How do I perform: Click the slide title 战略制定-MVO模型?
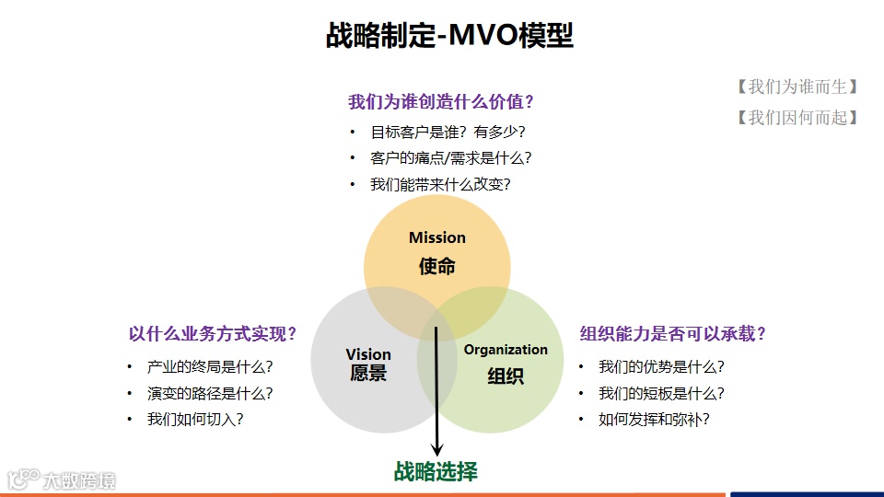(x=449, y=36)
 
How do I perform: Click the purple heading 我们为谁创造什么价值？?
(x=441, y=101)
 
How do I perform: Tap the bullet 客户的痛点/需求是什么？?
(x=450, y=157)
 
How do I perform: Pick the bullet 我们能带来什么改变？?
(x=440, y=184)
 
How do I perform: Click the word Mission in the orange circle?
(x=437, y=237)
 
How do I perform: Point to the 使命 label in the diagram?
(x=437, y=267)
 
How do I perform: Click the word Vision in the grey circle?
(x=368, y=354)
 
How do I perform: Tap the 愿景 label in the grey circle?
(x=368, y=374)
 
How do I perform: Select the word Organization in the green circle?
(x=506, y=350)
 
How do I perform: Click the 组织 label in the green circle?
(x=506, y=376)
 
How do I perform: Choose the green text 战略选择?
(x=436, y=472)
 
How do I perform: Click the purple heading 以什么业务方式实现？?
(x=213, y=334)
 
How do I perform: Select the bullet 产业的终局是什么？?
(x=210, y=366)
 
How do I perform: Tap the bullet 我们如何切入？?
(x=195, y=420)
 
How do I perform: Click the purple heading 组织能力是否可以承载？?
(x=673, y=334)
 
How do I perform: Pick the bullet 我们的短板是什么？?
(x=661, y=393)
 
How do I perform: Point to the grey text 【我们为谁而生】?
(x=797, y=87)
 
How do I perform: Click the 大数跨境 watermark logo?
(x=63, y=480)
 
